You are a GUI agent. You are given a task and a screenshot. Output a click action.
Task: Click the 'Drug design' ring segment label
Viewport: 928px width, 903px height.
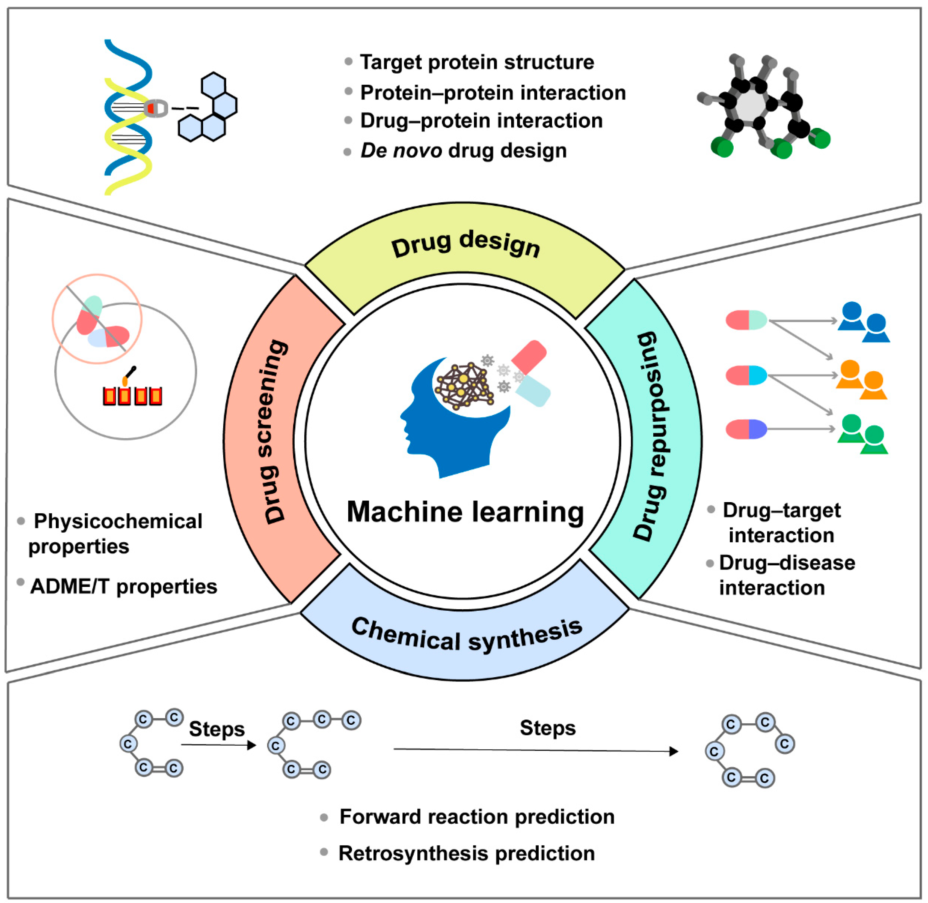pyautogui.click(x=465, y=244)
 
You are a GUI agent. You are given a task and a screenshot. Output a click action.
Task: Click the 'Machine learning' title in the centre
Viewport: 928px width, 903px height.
pyautogui.click(x=465, y=512)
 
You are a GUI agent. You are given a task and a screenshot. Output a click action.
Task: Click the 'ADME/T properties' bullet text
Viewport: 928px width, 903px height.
pyautogui.click(x=123, y=587)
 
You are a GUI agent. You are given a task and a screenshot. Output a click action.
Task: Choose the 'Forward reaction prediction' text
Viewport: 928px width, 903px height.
pyautogui.click(x=477, y=817)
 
